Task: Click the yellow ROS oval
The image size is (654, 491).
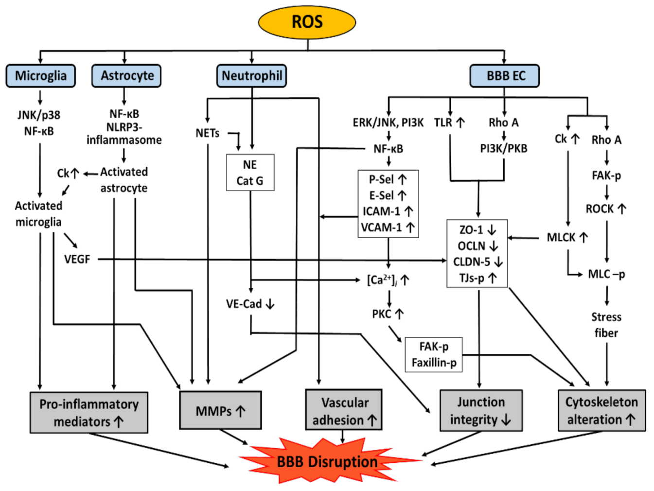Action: [307, 22]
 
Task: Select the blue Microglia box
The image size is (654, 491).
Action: [41, 76]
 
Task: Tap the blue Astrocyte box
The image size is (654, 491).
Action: [126, 76]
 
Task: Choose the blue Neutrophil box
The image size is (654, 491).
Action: [251, 76]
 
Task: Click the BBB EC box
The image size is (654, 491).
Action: [505, 76]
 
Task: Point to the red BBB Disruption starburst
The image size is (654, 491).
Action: [327, 461]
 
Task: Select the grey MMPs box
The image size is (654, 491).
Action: [220, 411]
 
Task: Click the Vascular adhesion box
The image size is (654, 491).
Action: [344, 410]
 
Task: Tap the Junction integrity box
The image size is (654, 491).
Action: [481, 411]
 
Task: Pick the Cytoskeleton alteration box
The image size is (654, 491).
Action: [601, 411]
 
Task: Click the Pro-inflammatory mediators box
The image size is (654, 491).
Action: [89, 413]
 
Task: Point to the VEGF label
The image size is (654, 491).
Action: [77, 259]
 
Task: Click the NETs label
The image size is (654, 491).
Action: [207, 133]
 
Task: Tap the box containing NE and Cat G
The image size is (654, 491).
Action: [250, 173]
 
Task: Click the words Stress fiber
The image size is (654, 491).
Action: [606, 325]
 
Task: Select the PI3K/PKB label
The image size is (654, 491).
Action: [504, 148]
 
